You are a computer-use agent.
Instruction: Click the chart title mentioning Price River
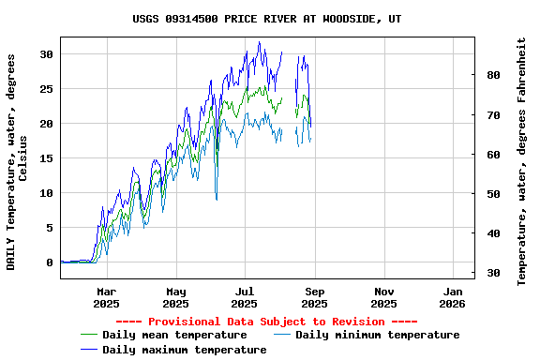pyautogui.click(x=267, y=19)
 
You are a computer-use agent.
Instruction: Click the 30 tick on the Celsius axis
pyautogui.click(x=47, y=54)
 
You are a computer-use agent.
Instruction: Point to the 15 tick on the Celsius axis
pyautogui.click(x=47, y=158)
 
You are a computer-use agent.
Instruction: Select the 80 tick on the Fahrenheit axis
pyautogui.click(x=493, y=75)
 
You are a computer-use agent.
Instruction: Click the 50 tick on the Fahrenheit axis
pyautogui.click(x=493, y=194)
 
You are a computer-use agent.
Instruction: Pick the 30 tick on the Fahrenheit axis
pyautogui.click(x=493, y=273)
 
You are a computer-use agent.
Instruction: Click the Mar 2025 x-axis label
pyautogui.click(x=106, y=297)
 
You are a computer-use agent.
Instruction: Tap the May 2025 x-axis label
pyautogui.click(x=175, y=297)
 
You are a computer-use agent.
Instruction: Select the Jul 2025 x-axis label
pyautogui.click(x=245, y=297)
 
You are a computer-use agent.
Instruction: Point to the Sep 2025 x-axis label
pyautogui.click(x=314, y=297)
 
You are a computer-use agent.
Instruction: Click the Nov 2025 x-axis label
pyautogui.click(x=383, y=297)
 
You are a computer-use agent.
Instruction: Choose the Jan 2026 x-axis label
pyautogui.click(x=453, y=297)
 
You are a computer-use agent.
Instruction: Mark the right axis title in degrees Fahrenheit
pyautogui.click(x=521, y=161)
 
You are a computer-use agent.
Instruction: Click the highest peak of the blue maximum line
pyautogui.click(x=260, y=41)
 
